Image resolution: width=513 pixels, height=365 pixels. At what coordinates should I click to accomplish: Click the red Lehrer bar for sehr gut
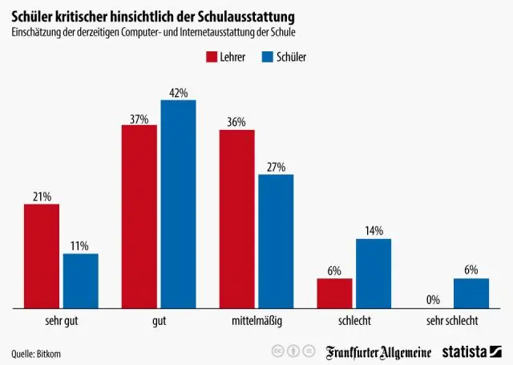point(42,256)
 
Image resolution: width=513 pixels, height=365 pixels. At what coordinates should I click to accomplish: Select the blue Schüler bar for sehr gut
point(80,281)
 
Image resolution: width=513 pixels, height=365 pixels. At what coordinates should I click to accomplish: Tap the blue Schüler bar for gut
point(178,204)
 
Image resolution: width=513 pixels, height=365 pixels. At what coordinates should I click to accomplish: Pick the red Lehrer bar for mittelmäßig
point(237,219)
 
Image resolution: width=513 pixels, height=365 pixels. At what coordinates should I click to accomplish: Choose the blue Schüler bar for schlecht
point(374,273)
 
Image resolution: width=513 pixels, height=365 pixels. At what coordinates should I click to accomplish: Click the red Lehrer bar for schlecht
point(335,293)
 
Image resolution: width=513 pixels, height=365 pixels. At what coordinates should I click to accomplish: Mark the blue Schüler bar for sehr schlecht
point(471,293)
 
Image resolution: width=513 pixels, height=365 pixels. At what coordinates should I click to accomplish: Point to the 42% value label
point(178,93)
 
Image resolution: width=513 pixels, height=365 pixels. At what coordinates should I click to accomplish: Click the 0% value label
point(433,300)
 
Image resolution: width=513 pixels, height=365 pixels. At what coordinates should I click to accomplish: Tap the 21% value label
point(42,197)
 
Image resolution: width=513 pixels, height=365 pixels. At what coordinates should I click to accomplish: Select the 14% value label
point(374,231)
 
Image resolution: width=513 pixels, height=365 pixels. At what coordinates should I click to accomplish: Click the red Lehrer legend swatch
point(213,57)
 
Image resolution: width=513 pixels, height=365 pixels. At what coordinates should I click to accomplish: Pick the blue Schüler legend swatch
point(265,57)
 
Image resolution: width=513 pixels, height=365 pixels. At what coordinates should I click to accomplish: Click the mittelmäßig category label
point(256,321)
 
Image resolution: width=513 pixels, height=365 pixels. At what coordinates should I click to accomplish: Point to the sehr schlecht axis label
point(452,321)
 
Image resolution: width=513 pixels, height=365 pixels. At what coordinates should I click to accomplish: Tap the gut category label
point(159,321)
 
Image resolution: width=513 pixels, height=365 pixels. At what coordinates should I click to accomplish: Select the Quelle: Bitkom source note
point(36,353)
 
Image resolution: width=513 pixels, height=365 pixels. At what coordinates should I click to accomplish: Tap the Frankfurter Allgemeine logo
point(378,352)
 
